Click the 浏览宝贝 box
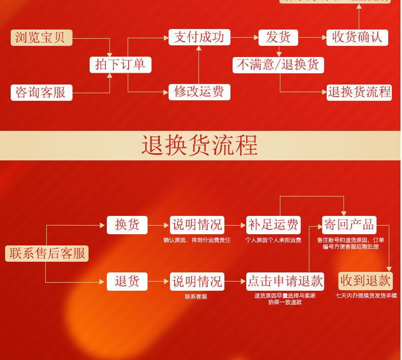point(41,38)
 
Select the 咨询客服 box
point(41,93)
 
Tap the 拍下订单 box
point(121,65)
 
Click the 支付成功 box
point(199,37)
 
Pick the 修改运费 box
point(199,92)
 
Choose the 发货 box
point(278,37)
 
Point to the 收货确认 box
point(357,37)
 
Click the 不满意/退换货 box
point(278,65)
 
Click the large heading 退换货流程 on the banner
point(200,146)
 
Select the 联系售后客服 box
point(47,254)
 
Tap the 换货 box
point(127,225)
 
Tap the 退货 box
point(127,282)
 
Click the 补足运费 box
point(274,225)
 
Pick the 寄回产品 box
point(350,225)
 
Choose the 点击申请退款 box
point(285,282)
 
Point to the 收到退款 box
point(365,281)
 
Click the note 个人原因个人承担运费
point(273,240)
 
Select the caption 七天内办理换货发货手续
point(366,296)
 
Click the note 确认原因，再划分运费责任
point(197,240)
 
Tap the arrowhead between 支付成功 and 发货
point(256,37)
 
